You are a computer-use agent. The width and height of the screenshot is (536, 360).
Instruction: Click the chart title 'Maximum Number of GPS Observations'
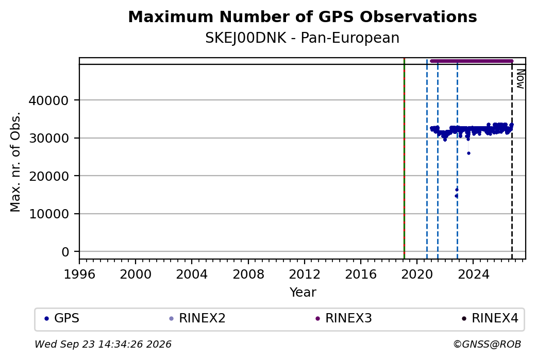coord(303,16)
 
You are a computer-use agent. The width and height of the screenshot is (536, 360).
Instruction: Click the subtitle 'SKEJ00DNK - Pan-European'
coord(303,38)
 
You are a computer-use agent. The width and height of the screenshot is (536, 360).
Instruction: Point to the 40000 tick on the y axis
coord(49,100)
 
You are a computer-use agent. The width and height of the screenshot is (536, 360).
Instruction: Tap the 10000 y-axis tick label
coord(49,214)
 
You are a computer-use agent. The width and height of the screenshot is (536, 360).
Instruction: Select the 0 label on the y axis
coord(65,252)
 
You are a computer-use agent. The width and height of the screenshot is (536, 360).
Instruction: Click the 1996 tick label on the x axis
coord(79,275)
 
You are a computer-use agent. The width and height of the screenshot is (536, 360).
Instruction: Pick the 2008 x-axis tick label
coord(248,275)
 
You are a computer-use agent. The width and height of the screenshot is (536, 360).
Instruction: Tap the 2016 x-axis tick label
coord(361,275)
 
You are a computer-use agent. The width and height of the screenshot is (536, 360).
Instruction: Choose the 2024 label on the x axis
coord(473,275)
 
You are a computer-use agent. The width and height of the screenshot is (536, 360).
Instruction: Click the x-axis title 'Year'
coord(303,293)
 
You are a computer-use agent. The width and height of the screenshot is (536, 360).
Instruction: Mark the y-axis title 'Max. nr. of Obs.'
coord(15,162)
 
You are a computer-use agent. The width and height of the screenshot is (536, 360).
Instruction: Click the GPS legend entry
coord(62,318)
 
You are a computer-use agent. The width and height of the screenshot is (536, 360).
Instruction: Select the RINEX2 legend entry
coord(197,318)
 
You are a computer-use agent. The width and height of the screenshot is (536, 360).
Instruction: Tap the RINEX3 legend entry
coord(344,318)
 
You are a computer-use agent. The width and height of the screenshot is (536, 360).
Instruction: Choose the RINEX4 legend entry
coord(490,318)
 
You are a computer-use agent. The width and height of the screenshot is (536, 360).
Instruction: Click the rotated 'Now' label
coord(520,79)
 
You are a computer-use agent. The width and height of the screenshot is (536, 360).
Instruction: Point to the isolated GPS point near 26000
coord(468,153)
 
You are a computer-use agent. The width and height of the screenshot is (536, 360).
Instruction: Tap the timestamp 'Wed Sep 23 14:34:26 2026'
coord(103,344)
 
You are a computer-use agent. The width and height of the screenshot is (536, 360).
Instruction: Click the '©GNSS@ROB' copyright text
coord(487,344)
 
